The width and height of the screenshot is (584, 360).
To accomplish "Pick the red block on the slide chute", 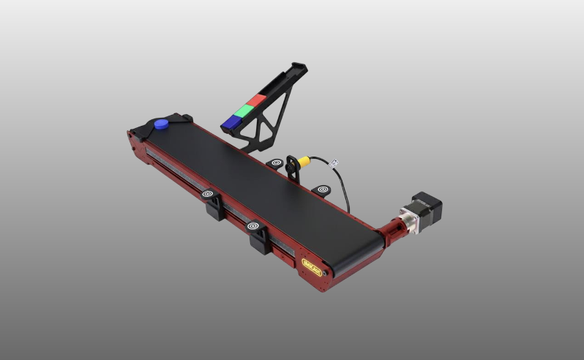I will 258,100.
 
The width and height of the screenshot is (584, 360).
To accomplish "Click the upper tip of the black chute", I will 299,69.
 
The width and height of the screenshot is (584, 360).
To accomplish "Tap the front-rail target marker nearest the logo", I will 254,227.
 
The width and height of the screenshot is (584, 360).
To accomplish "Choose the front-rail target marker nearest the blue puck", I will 209,195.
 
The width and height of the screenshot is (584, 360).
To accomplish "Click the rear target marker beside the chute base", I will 276,164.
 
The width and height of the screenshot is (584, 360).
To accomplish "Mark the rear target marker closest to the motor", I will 322,190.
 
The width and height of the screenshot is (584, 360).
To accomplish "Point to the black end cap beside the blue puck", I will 179,119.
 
